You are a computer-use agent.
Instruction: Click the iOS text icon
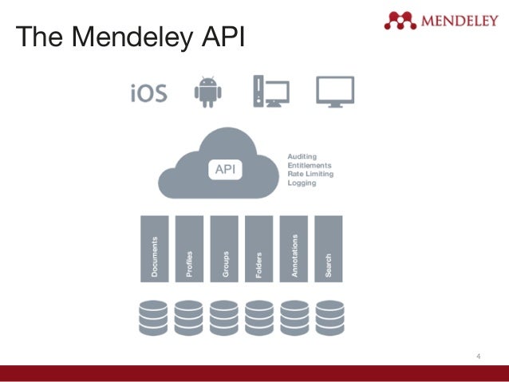pyautogui.click(x=148, y=93)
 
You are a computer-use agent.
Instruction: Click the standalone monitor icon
pyautogui.click(x=334, y=92)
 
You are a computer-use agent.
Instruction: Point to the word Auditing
pyautogui.click(x=302, y=156)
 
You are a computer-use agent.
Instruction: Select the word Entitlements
pyautogui.click(x=309, y=164)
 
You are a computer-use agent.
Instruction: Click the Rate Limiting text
pyautogui.click(x=310, y=174)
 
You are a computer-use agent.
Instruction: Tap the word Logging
pyautogui.click(x=302, y=183)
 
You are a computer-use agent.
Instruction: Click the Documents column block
pyautogui.click(x=154, y=248)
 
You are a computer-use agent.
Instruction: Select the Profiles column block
pyautogui.click(x=189, y=248)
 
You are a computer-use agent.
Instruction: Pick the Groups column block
pyautogui.click(x=224, y=248)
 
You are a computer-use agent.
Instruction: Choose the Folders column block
pyautogui.click(x=259, y=248)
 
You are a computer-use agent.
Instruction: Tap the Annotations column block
pyautogui.click(x=294, y=248)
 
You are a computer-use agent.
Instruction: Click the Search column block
pyautogui.click(x=329, y=248)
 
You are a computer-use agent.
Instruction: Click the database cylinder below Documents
pyautogui.click(x=154, y=317)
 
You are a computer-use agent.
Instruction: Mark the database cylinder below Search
pyautogui.click(x=329, y=317)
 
